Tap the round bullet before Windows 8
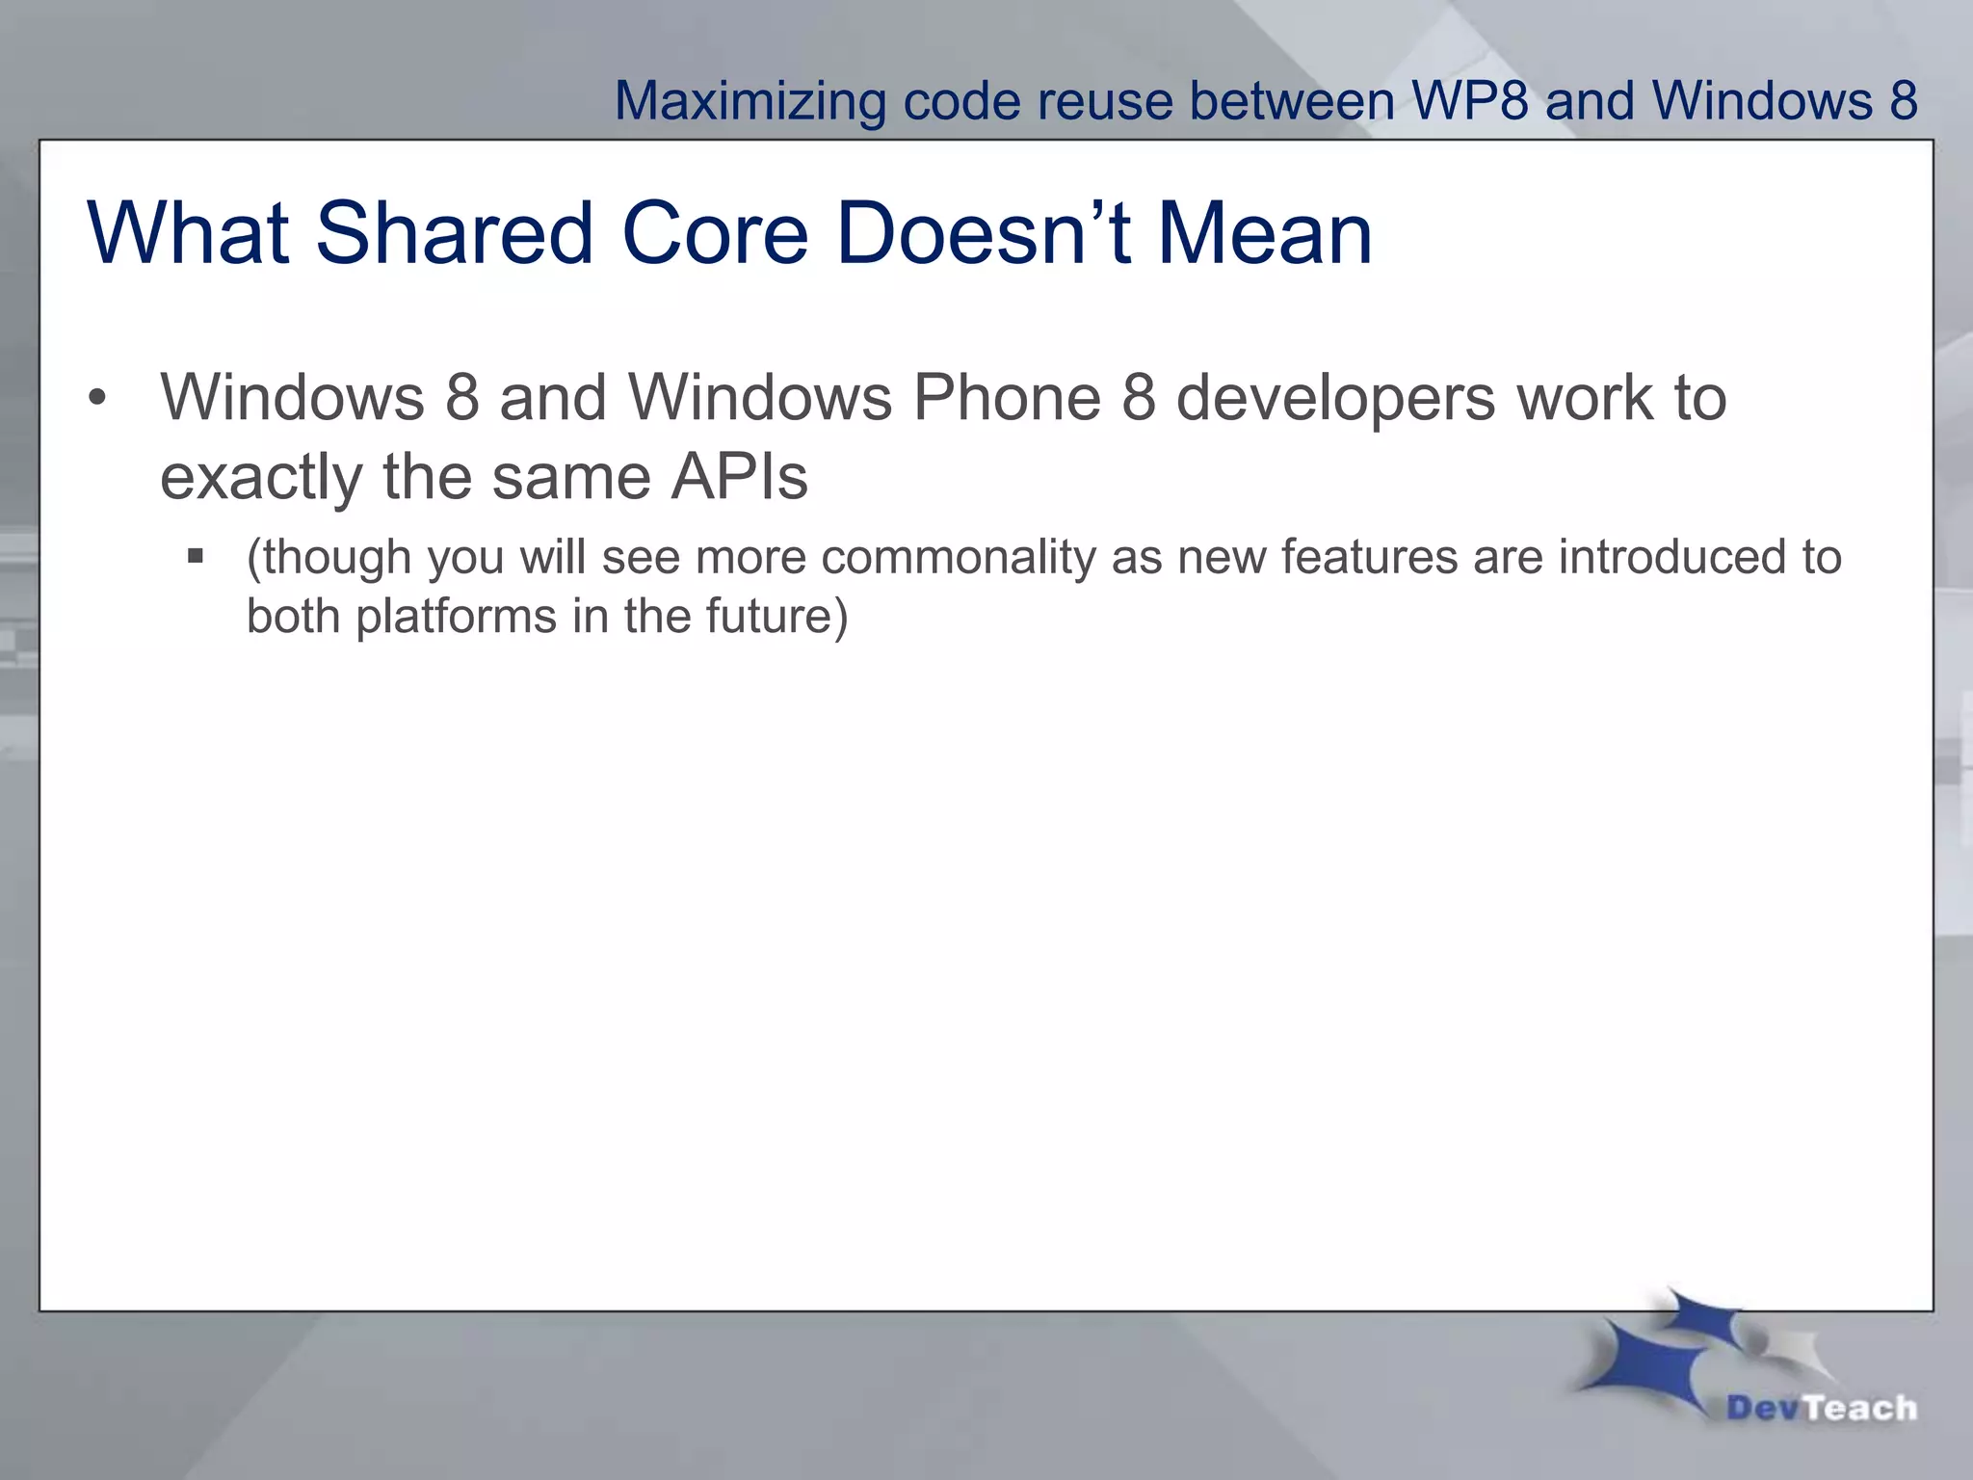click(x=96, y=398)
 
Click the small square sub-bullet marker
click(x=196, y=556)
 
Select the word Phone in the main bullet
click(x=1006, y=397)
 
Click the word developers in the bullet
click(x=1336, y=399)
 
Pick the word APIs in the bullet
click(x=739, y=477)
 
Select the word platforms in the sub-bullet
click(x=456, y=617)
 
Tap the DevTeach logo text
click(x=1821, y=1409)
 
